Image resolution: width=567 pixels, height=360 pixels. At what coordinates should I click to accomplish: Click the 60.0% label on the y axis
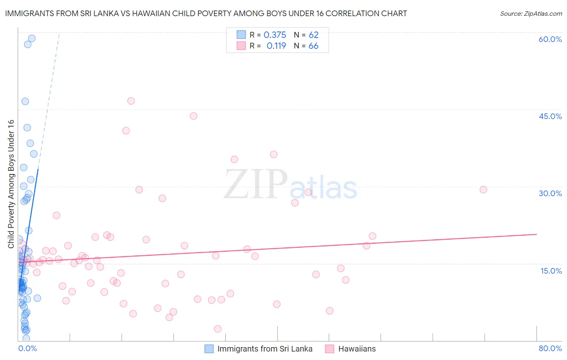pyautogui.click(x=550, y=39)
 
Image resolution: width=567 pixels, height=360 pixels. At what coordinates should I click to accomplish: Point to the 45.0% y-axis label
pyautogui.click(x=550, y=116)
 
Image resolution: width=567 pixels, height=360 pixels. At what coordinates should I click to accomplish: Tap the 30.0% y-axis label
pyautogui.click(x=550, y=193)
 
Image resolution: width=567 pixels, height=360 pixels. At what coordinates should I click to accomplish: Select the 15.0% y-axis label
pyautogui.click(x=551, y=271)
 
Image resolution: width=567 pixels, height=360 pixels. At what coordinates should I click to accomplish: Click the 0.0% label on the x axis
pyautogui.click(x=27, y=348)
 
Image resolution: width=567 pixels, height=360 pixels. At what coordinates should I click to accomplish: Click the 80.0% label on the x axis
pyautogui.click(x=550, y=348)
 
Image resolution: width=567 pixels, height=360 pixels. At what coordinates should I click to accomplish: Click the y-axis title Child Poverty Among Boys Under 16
pyautogui.click(x=11, y=184)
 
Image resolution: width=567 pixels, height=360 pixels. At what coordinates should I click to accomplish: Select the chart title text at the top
pyautogui.click(x=206, y=13)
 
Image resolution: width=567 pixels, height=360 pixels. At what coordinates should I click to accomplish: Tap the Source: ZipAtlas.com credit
pyautogui.click(x=531, y=13)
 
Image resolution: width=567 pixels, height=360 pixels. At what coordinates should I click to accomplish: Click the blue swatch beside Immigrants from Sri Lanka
pyautogui.click(x=209, y=349)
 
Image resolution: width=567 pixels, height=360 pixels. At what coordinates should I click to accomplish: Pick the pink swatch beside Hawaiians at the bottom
pyautogui.click(x=330, y=349)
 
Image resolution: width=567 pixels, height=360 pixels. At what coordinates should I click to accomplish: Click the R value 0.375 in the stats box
pyautogui.click(x=275, y=35)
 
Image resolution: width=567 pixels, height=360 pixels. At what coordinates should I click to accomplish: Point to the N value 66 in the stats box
pyautogui.click(x=313, y=46)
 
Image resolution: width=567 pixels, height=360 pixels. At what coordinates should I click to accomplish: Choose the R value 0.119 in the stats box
pyautogui.click(x=276, y=46)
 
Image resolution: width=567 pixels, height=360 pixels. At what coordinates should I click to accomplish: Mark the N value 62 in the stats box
pyautogui.click(x=313, y=35)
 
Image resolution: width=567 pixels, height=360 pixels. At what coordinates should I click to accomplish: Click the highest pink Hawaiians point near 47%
pyautogui.click(x=131, y=101)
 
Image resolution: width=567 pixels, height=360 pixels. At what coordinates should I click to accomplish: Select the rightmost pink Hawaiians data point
pyautogui.click(x=483, y=190)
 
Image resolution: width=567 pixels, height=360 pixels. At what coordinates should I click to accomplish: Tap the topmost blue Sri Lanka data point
pyautogui.click(x=31, y=38)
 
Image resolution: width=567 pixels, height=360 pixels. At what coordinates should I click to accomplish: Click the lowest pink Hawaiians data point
pyautogui.click(x=218, y=329)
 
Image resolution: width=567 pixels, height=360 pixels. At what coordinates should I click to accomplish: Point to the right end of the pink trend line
pyautogui.click(x=536, y=234)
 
